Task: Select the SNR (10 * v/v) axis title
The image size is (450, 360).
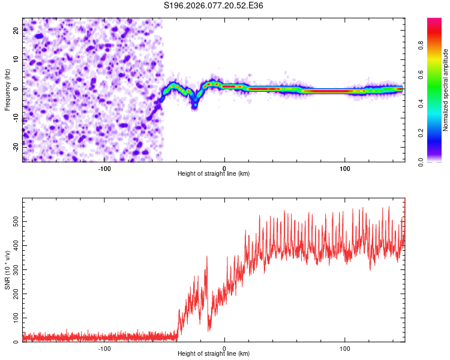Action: click(7, 270)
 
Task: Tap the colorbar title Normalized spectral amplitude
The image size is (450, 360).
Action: click(445, 90)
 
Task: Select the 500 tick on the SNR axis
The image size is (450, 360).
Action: click(14, 221)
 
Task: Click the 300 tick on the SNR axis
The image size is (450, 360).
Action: click(14, 269)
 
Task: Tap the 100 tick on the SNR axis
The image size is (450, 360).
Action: click(14, 317)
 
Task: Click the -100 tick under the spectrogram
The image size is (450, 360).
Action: click(104, 168)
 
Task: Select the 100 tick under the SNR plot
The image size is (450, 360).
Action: click(345, 348)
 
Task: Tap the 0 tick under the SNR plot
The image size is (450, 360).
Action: click(224, 348)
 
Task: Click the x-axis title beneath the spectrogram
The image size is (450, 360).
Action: click(214, 174)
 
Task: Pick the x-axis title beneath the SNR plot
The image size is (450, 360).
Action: click(214, 354)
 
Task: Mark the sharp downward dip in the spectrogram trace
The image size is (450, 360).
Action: click(194, 104)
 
